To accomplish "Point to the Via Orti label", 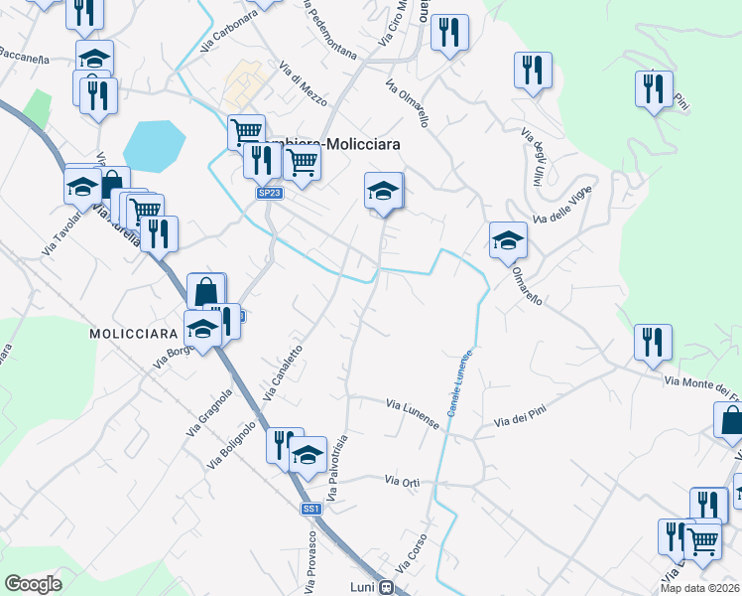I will tap(402, 481).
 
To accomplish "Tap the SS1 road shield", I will tap(311, 509).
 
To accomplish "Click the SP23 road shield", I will tap(269, 193).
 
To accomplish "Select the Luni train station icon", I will tap(387, 586).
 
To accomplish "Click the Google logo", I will tap(33, 584).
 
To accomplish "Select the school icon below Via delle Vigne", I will tap(508, 241).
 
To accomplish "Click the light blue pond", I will tap(154, 145).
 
